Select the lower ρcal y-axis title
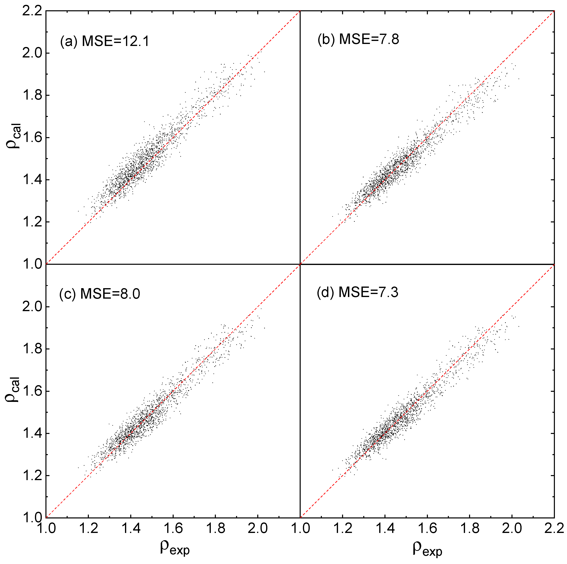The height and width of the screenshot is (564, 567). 13,389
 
